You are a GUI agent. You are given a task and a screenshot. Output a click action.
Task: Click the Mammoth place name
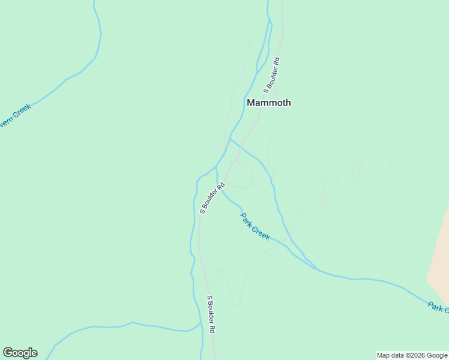point(269,103)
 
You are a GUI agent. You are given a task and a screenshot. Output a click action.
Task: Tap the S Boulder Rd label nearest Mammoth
point(272,76)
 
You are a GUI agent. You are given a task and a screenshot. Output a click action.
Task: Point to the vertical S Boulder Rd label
point(211,314)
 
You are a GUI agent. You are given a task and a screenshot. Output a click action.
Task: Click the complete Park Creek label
point(255,226)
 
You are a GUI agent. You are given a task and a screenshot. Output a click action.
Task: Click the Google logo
point(20,353)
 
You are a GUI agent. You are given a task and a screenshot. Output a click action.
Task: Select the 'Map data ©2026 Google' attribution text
point(412,355)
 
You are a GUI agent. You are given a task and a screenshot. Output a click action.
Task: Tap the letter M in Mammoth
point(251,103)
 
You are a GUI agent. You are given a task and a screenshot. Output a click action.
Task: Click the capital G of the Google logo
point(8,353)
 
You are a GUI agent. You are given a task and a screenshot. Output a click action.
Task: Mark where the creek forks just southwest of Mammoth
point(231,139)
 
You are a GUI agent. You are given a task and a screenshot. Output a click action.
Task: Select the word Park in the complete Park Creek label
point(246,219)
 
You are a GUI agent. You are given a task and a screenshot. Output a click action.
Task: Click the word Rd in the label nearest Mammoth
point(277,61)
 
